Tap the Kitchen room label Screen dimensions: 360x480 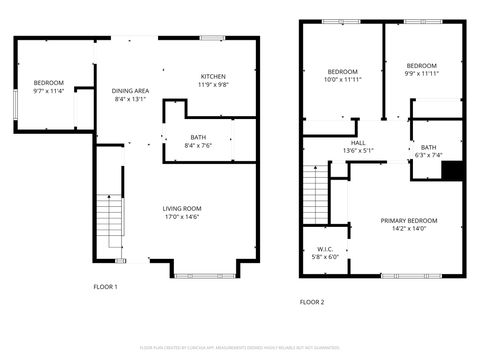[213, 77]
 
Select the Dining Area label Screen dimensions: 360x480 [130, 91]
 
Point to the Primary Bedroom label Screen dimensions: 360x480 [408, 220]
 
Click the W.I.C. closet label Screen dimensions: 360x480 [325, 249]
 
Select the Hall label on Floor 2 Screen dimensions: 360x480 [358, 143]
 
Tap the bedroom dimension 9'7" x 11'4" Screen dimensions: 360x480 [48, 91]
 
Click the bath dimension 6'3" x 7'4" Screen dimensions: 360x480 [428, 155]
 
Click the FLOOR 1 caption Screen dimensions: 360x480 [105, 287]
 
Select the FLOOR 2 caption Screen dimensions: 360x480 [312, 301]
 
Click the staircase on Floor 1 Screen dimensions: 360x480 [108, 224]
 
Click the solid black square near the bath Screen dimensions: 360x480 [452, 171]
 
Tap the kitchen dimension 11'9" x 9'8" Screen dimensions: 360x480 [213, 85]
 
